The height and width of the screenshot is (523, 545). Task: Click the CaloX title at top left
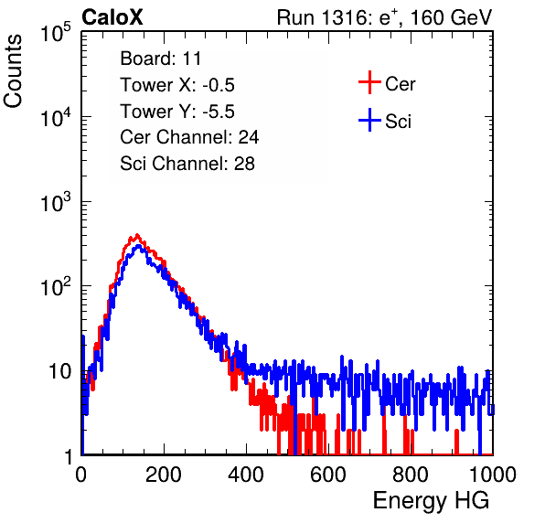tap(112, 17)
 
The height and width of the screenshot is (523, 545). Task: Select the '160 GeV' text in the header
tap(452, 17)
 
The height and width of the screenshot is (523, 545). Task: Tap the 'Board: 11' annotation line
tap(161, 59)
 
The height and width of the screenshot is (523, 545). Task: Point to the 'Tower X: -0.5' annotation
tap(177, 85)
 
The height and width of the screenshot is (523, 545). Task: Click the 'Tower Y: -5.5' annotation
tap(177, 112)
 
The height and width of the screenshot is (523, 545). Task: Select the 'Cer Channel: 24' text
tap(189, 137)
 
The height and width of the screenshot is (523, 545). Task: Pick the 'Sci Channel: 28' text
tap(187, 164)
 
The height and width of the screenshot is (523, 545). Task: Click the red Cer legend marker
tap(369, 82)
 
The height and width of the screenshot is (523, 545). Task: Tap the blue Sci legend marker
tap(369, 120)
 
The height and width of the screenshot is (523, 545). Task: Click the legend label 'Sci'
tap(399, 122)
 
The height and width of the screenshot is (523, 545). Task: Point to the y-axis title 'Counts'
tap(13, 71)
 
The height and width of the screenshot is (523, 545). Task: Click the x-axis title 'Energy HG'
tap(431, 500)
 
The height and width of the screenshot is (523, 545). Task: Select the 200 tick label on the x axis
tap(164, 475)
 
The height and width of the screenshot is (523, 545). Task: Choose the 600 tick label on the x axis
tap(328, 475)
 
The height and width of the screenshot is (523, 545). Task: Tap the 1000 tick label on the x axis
tap(493, 475)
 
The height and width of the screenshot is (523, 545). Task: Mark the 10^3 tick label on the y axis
tap(56, 202)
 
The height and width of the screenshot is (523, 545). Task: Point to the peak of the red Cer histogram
tap(137, 235)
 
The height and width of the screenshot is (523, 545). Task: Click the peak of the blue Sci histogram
tap(139, 246)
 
